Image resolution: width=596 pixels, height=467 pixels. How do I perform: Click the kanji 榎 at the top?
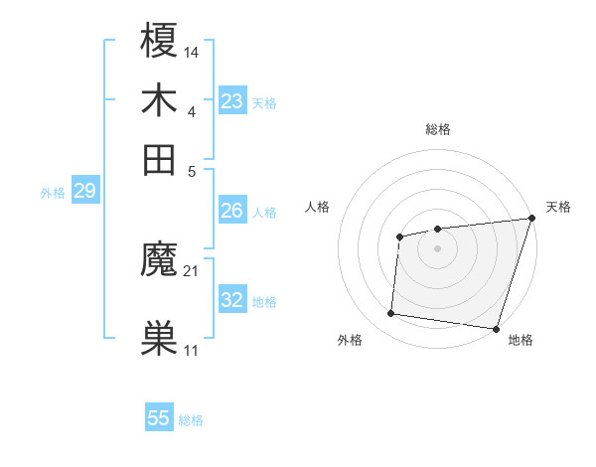point(160,42)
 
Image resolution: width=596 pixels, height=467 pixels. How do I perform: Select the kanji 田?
point(160,159)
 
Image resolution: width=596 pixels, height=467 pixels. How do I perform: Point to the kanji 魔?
point(160,262)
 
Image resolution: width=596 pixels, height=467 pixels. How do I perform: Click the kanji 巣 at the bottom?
point(160,338)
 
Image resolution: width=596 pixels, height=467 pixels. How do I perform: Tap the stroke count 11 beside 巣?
point(192,350)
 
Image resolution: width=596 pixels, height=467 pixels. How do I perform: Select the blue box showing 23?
point(232,101)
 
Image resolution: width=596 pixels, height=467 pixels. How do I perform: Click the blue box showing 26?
point(232,211)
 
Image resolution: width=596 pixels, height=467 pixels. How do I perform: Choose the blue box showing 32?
point(232,300)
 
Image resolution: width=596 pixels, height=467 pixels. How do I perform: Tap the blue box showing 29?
point(84,191)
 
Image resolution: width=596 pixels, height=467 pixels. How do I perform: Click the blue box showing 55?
point(159,418)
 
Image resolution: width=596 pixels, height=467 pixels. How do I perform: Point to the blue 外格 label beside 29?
point(53,193)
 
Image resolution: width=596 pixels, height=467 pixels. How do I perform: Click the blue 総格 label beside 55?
point(191,420)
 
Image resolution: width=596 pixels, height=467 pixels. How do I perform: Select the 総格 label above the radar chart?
point(437,129)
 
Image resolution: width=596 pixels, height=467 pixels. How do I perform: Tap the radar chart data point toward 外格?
point(391,314)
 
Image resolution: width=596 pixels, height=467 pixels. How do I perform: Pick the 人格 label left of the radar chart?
point(318,207)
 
